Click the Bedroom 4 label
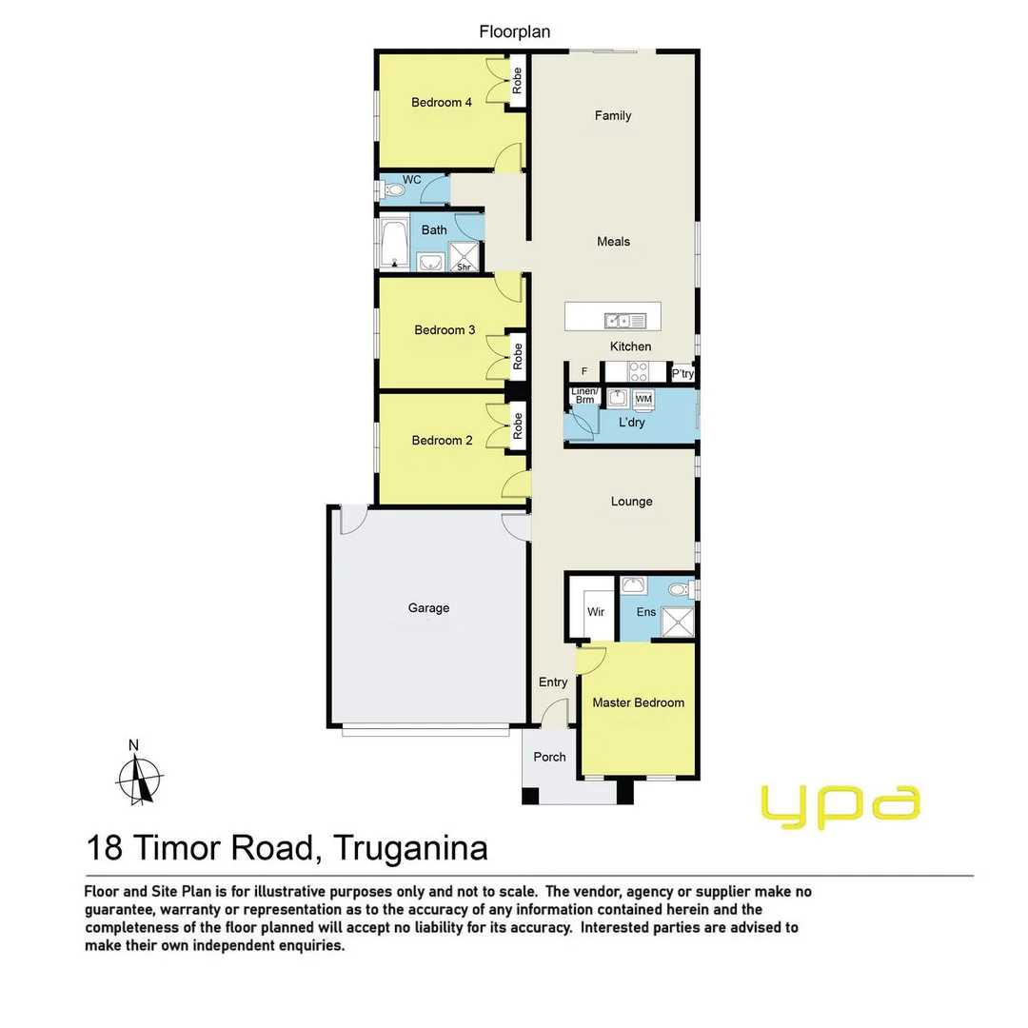point(442,103)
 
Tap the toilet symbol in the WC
point(393,191)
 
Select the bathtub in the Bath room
point(393,244)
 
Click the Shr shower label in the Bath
point(465,267)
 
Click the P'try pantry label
point(682,374)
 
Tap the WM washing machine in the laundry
point(643,398)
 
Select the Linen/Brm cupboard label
point(583,396)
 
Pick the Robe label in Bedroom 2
point(518,425)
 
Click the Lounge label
point(632,502)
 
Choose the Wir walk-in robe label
point(596,612)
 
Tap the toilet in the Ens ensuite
point(678,590)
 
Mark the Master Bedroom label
point(638,703)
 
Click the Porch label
point(549,758)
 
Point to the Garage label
point(428,608)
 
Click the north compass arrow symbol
point(139,776)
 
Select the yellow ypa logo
point(840,805)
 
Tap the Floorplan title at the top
point(514,32)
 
